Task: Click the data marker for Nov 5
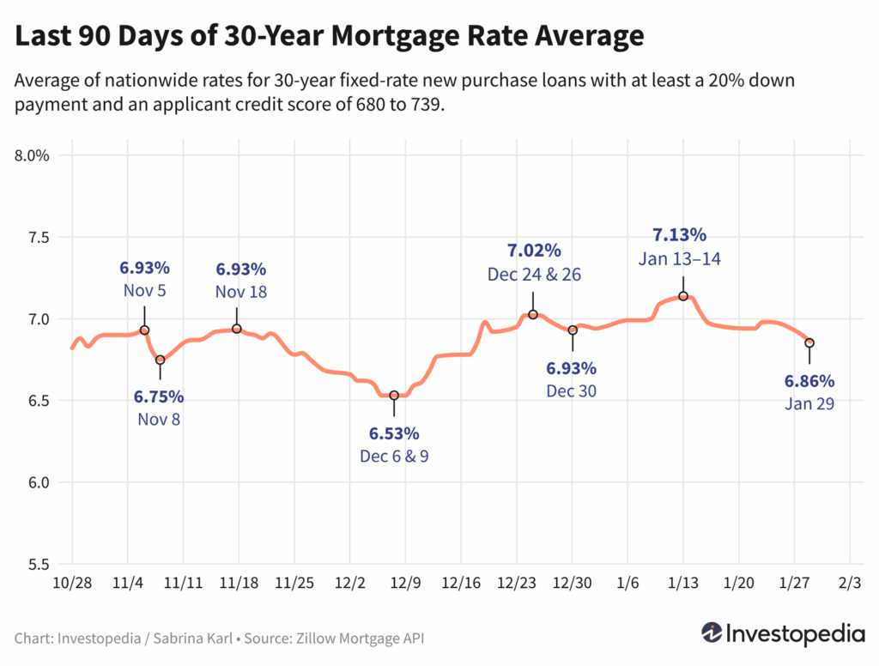click(x=144, y=330)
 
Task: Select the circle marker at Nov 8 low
click(x=160, y=360)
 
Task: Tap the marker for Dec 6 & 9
click(x=394, y=396)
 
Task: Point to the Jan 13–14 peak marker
click(x=683, y=296)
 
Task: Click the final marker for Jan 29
click(x=809, y=342)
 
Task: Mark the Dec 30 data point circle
click(x=573, y=330)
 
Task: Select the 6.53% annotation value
click(x=394, y=433)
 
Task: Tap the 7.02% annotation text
click(x=533, y=251)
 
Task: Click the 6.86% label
click(x=809, y=380)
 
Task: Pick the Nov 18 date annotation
click(x=241, y=292)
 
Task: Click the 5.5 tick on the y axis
click(x=39, y=565)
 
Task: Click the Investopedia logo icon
click(x=712, y=633)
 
